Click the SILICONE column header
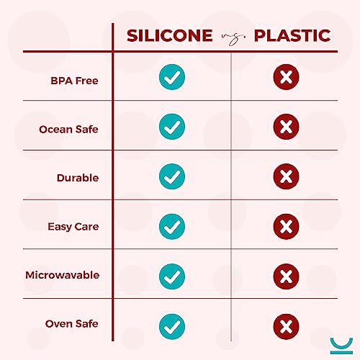(x=170, y=35)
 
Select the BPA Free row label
(x=74, y=80)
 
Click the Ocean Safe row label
(x=68, y=129)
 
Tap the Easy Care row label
(x=73, y=226)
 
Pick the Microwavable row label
(x=62, y=275)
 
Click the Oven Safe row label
(x=71, y=324)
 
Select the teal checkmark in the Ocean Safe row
(x=171, y=127)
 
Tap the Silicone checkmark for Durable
(x=171, y=176)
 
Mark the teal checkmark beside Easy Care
(x=171, y=225)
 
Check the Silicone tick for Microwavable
(x=171, y=274)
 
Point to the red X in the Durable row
(x=287, y=176)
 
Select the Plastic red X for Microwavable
(x=287, y=274)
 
